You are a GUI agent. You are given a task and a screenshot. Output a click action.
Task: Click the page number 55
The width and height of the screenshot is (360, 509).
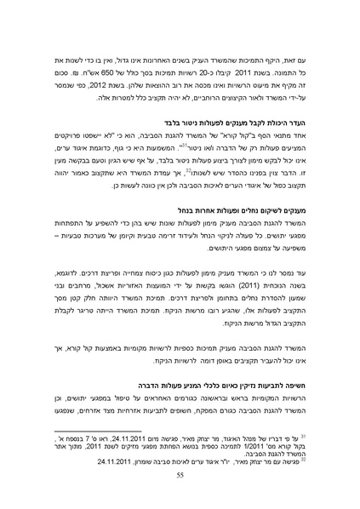tap(180, 479)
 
